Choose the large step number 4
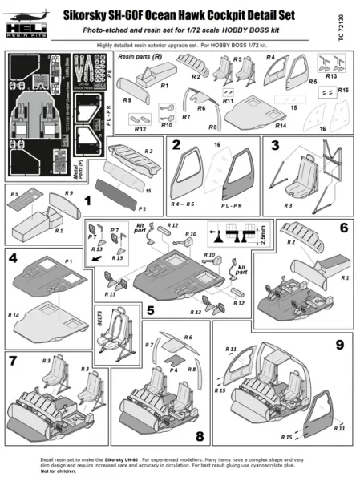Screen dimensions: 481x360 tap(13, 260)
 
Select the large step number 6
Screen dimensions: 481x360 tap(343, 228)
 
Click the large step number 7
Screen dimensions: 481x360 tap(13, 361)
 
